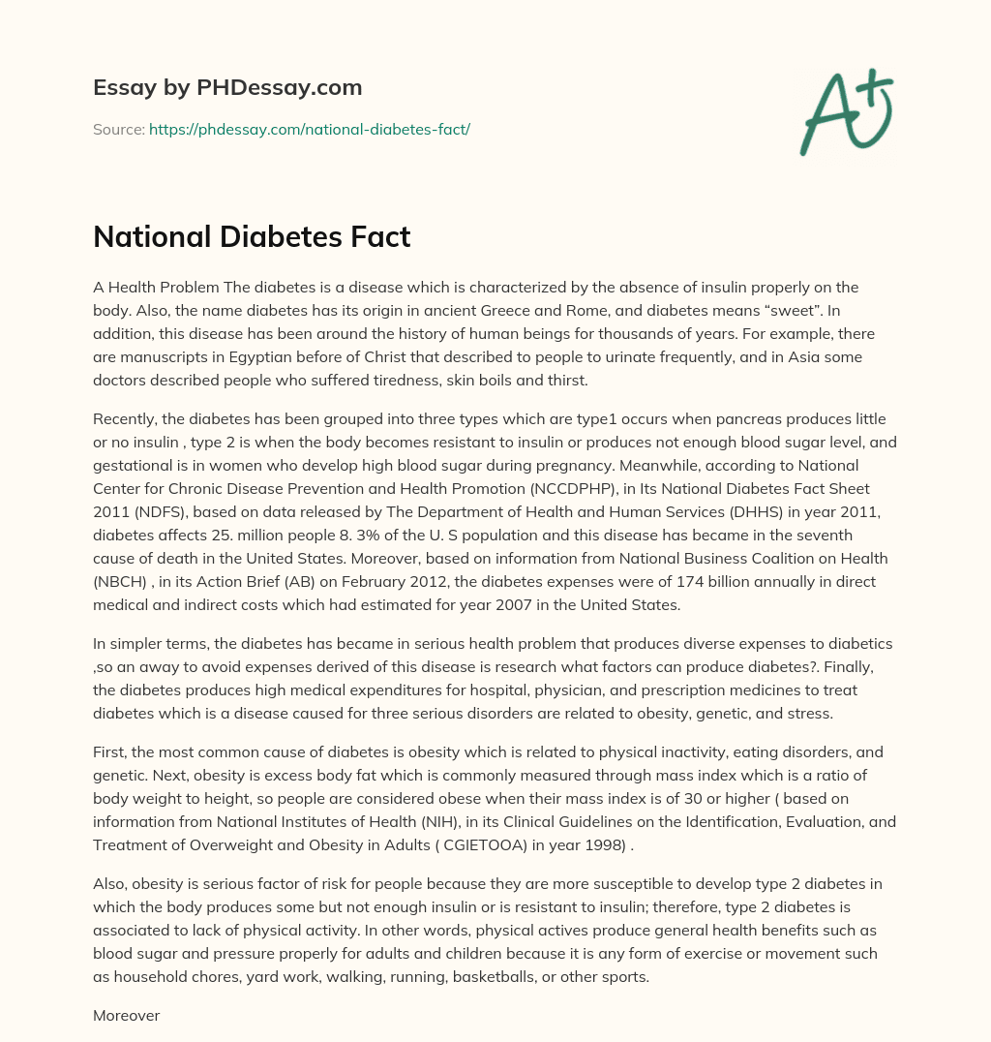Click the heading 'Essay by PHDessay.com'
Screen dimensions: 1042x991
(227, 88)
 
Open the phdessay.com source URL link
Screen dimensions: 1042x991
(309, 129)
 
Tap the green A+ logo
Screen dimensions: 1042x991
(845, 111)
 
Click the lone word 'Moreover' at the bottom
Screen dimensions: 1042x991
(126, 1016)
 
